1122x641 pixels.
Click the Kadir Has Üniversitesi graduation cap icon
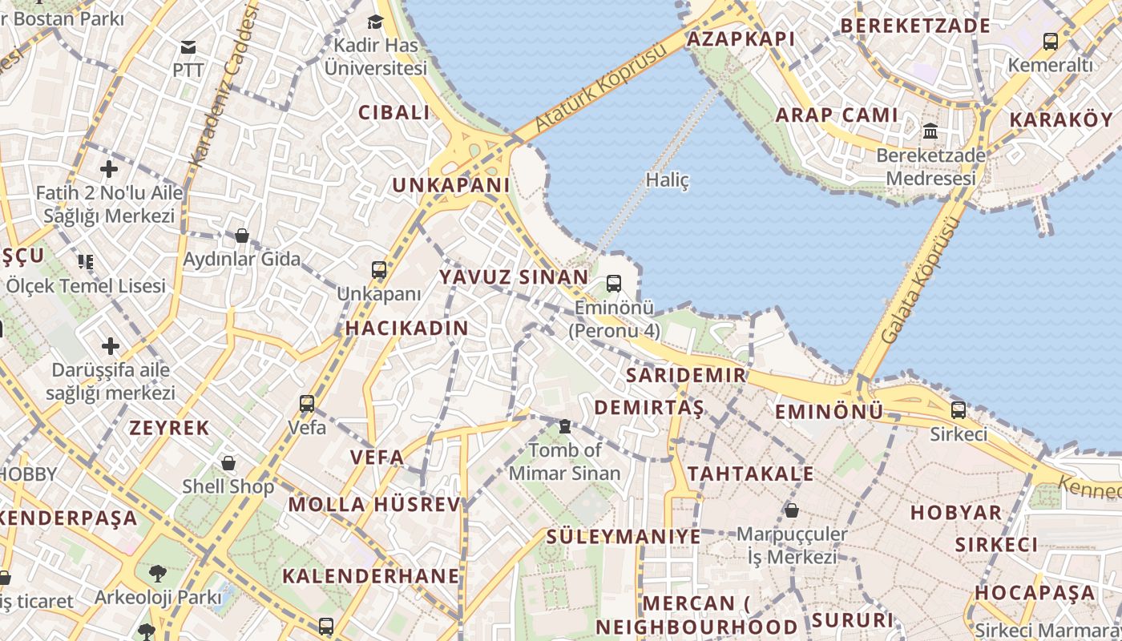pos(375,22)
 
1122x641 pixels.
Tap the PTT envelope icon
pos(188,47)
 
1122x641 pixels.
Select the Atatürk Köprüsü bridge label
pos(600,89)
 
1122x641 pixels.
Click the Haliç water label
pos(667,180)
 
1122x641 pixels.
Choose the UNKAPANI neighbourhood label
pos(450,185)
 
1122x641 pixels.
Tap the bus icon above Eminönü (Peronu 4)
pos(614,283)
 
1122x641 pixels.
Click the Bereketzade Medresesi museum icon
pos(930,131)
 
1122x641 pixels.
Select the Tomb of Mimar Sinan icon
pos(565,426)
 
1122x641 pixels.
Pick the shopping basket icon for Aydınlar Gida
pos(241,236)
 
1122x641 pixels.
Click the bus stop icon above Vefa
pos(307,403)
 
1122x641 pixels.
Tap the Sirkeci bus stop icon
pos(959,410)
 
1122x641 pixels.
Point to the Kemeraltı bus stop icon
pos(1050,41)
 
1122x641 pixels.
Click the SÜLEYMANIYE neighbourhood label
pos(624,536)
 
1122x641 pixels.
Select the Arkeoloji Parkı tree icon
pos(158,574)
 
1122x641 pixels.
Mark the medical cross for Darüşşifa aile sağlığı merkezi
pos(111,346)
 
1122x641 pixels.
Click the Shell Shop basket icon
pos(228,463)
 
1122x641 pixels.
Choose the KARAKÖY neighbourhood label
pos(1061,119)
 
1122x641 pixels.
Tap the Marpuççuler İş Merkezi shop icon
pos(792,510)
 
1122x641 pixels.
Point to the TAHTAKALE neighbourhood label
pos(750,474)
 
